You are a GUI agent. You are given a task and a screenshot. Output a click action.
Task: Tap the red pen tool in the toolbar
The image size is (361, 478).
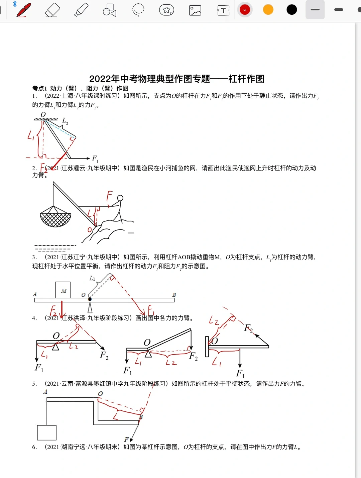click(24, 10)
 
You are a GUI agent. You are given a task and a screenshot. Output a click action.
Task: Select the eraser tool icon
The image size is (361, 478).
click(52, 10)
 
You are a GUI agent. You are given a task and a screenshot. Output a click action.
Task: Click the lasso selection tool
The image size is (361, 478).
click(138, 10)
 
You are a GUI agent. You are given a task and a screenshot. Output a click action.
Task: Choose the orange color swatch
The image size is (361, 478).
click(268, 10)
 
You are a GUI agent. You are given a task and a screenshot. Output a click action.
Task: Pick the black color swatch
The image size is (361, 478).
click(292, 10)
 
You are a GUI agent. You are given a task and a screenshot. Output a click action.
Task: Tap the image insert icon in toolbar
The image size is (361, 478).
click(195, 10)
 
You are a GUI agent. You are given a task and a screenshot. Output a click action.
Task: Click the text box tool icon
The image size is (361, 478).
click(223, 10)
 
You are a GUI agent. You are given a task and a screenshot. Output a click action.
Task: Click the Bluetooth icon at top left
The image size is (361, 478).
click(15, 4)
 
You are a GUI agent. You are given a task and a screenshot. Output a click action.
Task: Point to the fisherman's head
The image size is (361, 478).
click(120, 198)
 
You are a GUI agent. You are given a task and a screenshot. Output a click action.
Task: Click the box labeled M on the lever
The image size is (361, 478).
click(63, 290)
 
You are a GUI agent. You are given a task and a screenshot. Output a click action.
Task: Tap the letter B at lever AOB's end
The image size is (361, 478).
click(174, 295)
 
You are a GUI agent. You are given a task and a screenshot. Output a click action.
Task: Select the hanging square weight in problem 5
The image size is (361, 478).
click(46, 433)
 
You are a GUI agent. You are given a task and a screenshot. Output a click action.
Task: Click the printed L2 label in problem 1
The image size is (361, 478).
click(65, 121)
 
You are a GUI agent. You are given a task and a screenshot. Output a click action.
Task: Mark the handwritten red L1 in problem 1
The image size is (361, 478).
click(31, 135)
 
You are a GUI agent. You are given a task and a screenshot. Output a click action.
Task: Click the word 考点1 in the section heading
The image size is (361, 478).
click(39, 88)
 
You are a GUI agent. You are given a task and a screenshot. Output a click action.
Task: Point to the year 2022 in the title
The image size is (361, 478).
click(100, 79)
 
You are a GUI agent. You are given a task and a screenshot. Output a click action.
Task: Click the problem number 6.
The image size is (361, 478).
click(34, 447)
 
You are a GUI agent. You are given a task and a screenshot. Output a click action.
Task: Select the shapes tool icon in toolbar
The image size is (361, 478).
click(109, 10)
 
